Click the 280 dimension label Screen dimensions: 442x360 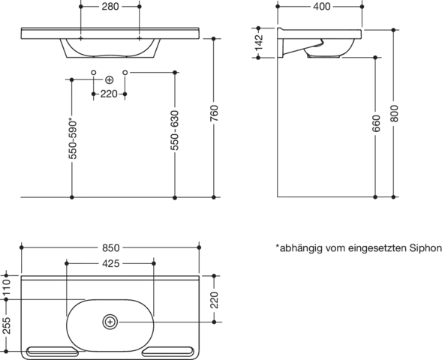pyautogui.click(x=110, y=7)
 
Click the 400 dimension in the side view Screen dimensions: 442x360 pyautogui.click(x=322, y=7)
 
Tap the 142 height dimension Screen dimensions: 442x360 pyautogui.click(x=259, y=42)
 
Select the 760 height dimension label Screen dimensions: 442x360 pyautogui.click(x=214, y=113)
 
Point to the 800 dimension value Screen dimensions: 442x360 pyautogui.click(x=394, y=113)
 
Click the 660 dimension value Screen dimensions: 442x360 pyautogui.click(x=376, y=124)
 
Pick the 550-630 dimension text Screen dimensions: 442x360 pyautogui.click(x=175, y=130)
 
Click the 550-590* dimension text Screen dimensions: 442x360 pyautogui.click(x=73, y=139)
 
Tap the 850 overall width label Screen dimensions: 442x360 pyautogui.click(x=111, y=248)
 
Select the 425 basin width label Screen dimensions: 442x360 pyautogui.click(x=111, y=264)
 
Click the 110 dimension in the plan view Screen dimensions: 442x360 pyautogui.click(x=7, y=287)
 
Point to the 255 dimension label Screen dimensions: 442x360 pyautogui.click(x=7, y=325)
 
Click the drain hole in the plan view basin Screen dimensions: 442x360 pyautogui.click(x=110, y=322)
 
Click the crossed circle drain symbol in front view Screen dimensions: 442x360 pyautogui.click(x=109, y=80)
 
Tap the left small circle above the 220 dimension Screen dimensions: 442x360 pyautogui.click(x=94, y=73)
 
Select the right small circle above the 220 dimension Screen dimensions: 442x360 pyautogui.click(x=125, y=73)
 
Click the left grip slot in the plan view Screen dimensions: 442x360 pyautogui.click(x=53, y=351)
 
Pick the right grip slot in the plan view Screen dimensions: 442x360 pyautogui.click(x=168, y=351)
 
